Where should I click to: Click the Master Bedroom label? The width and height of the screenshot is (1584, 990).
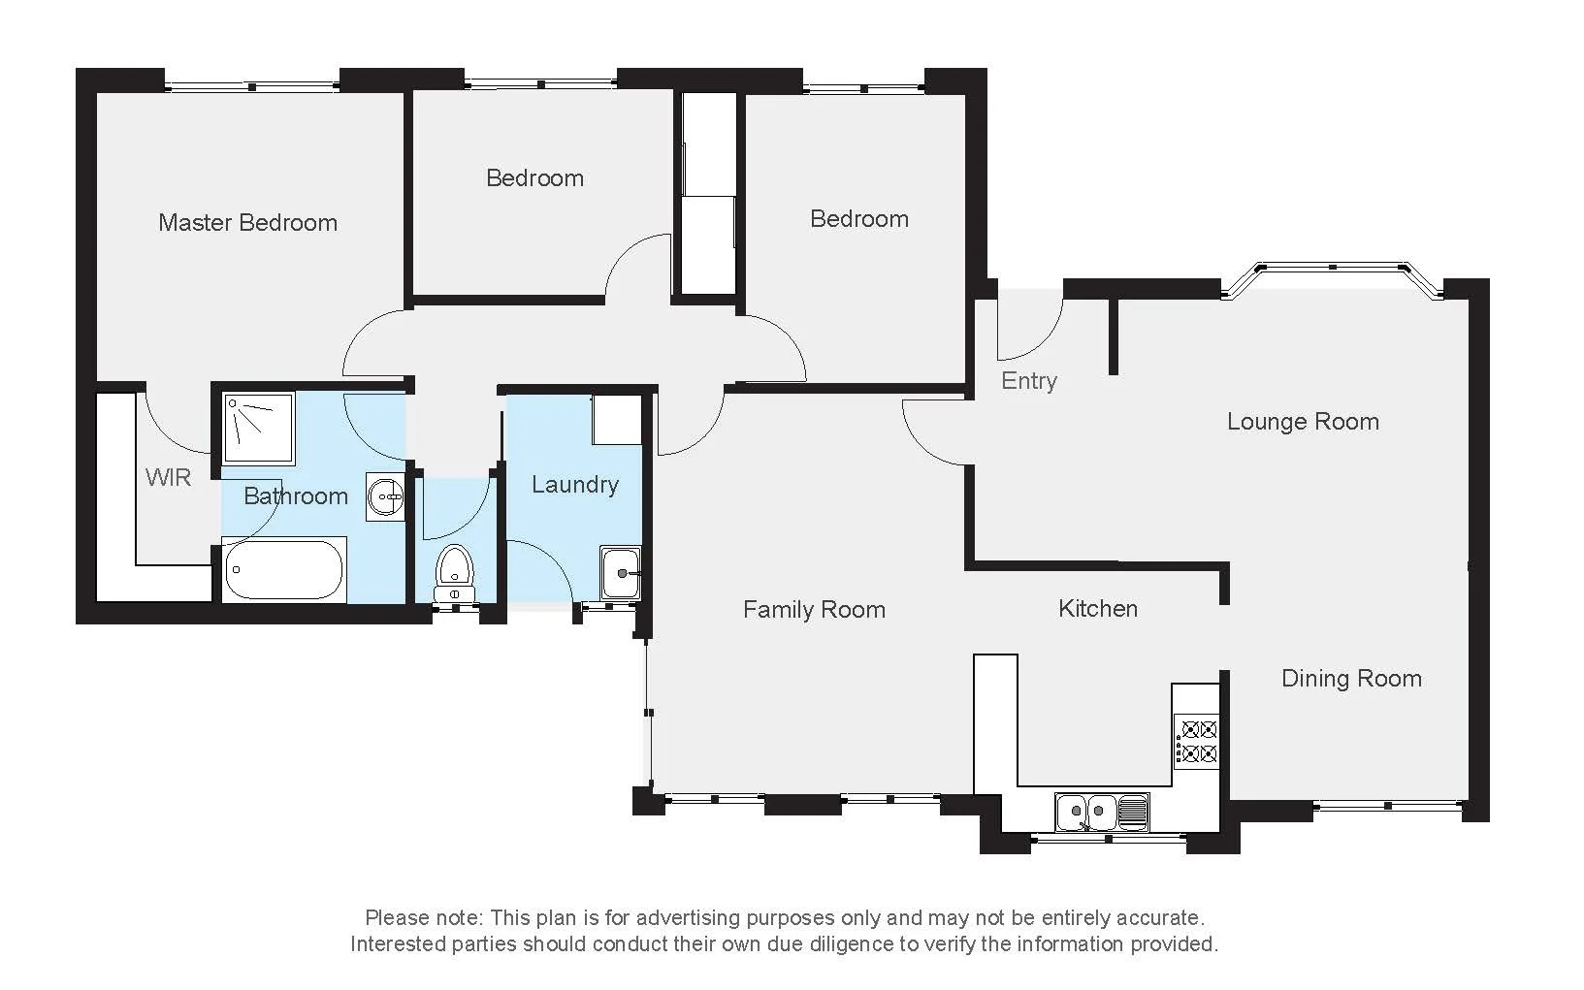pyautogui.click(x=247, y=223)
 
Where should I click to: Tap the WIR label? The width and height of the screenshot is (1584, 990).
pyautogui.click(x=169, y=477)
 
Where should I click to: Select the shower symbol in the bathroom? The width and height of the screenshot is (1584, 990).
pyautogui.click(x=258, y=427)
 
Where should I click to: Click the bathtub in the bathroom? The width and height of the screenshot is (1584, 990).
pyautogui.click(x=284, y=570)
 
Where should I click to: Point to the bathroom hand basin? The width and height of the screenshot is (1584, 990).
pyautogui.click(x=386, y=497)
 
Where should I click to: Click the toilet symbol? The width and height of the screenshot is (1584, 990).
pyautogui.click(x=454, y=571)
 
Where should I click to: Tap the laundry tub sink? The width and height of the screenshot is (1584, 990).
pyautogui.click(x=621, y=572)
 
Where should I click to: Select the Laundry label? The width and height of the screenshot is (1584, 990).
pyautogui.click(x=575, y=484)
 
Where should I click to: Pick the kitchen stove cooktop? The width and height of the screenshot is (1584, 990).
pyautogui.click(x=1196, y=740)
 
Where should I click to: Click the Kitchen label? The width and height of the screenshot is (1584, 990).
pyautogui.click(x=1098, y=608)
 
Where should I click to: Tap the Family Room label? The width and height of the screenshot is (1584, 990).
pyautogui.click(x=814, y=609)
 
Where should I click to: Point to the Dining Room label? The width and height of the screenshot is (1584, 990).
pyautogui.click(x=1351, y=678)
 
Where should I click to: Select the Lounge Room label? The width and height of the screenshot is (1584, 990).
pyautogui.click(x=1303, y=421)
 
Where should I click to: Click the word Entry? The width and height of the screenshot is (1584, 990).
pyautogui.click(x=1028, y=380)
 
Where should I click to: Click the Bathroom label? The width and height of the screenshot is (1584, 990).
pyautogui.click(x=295, y=495)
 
